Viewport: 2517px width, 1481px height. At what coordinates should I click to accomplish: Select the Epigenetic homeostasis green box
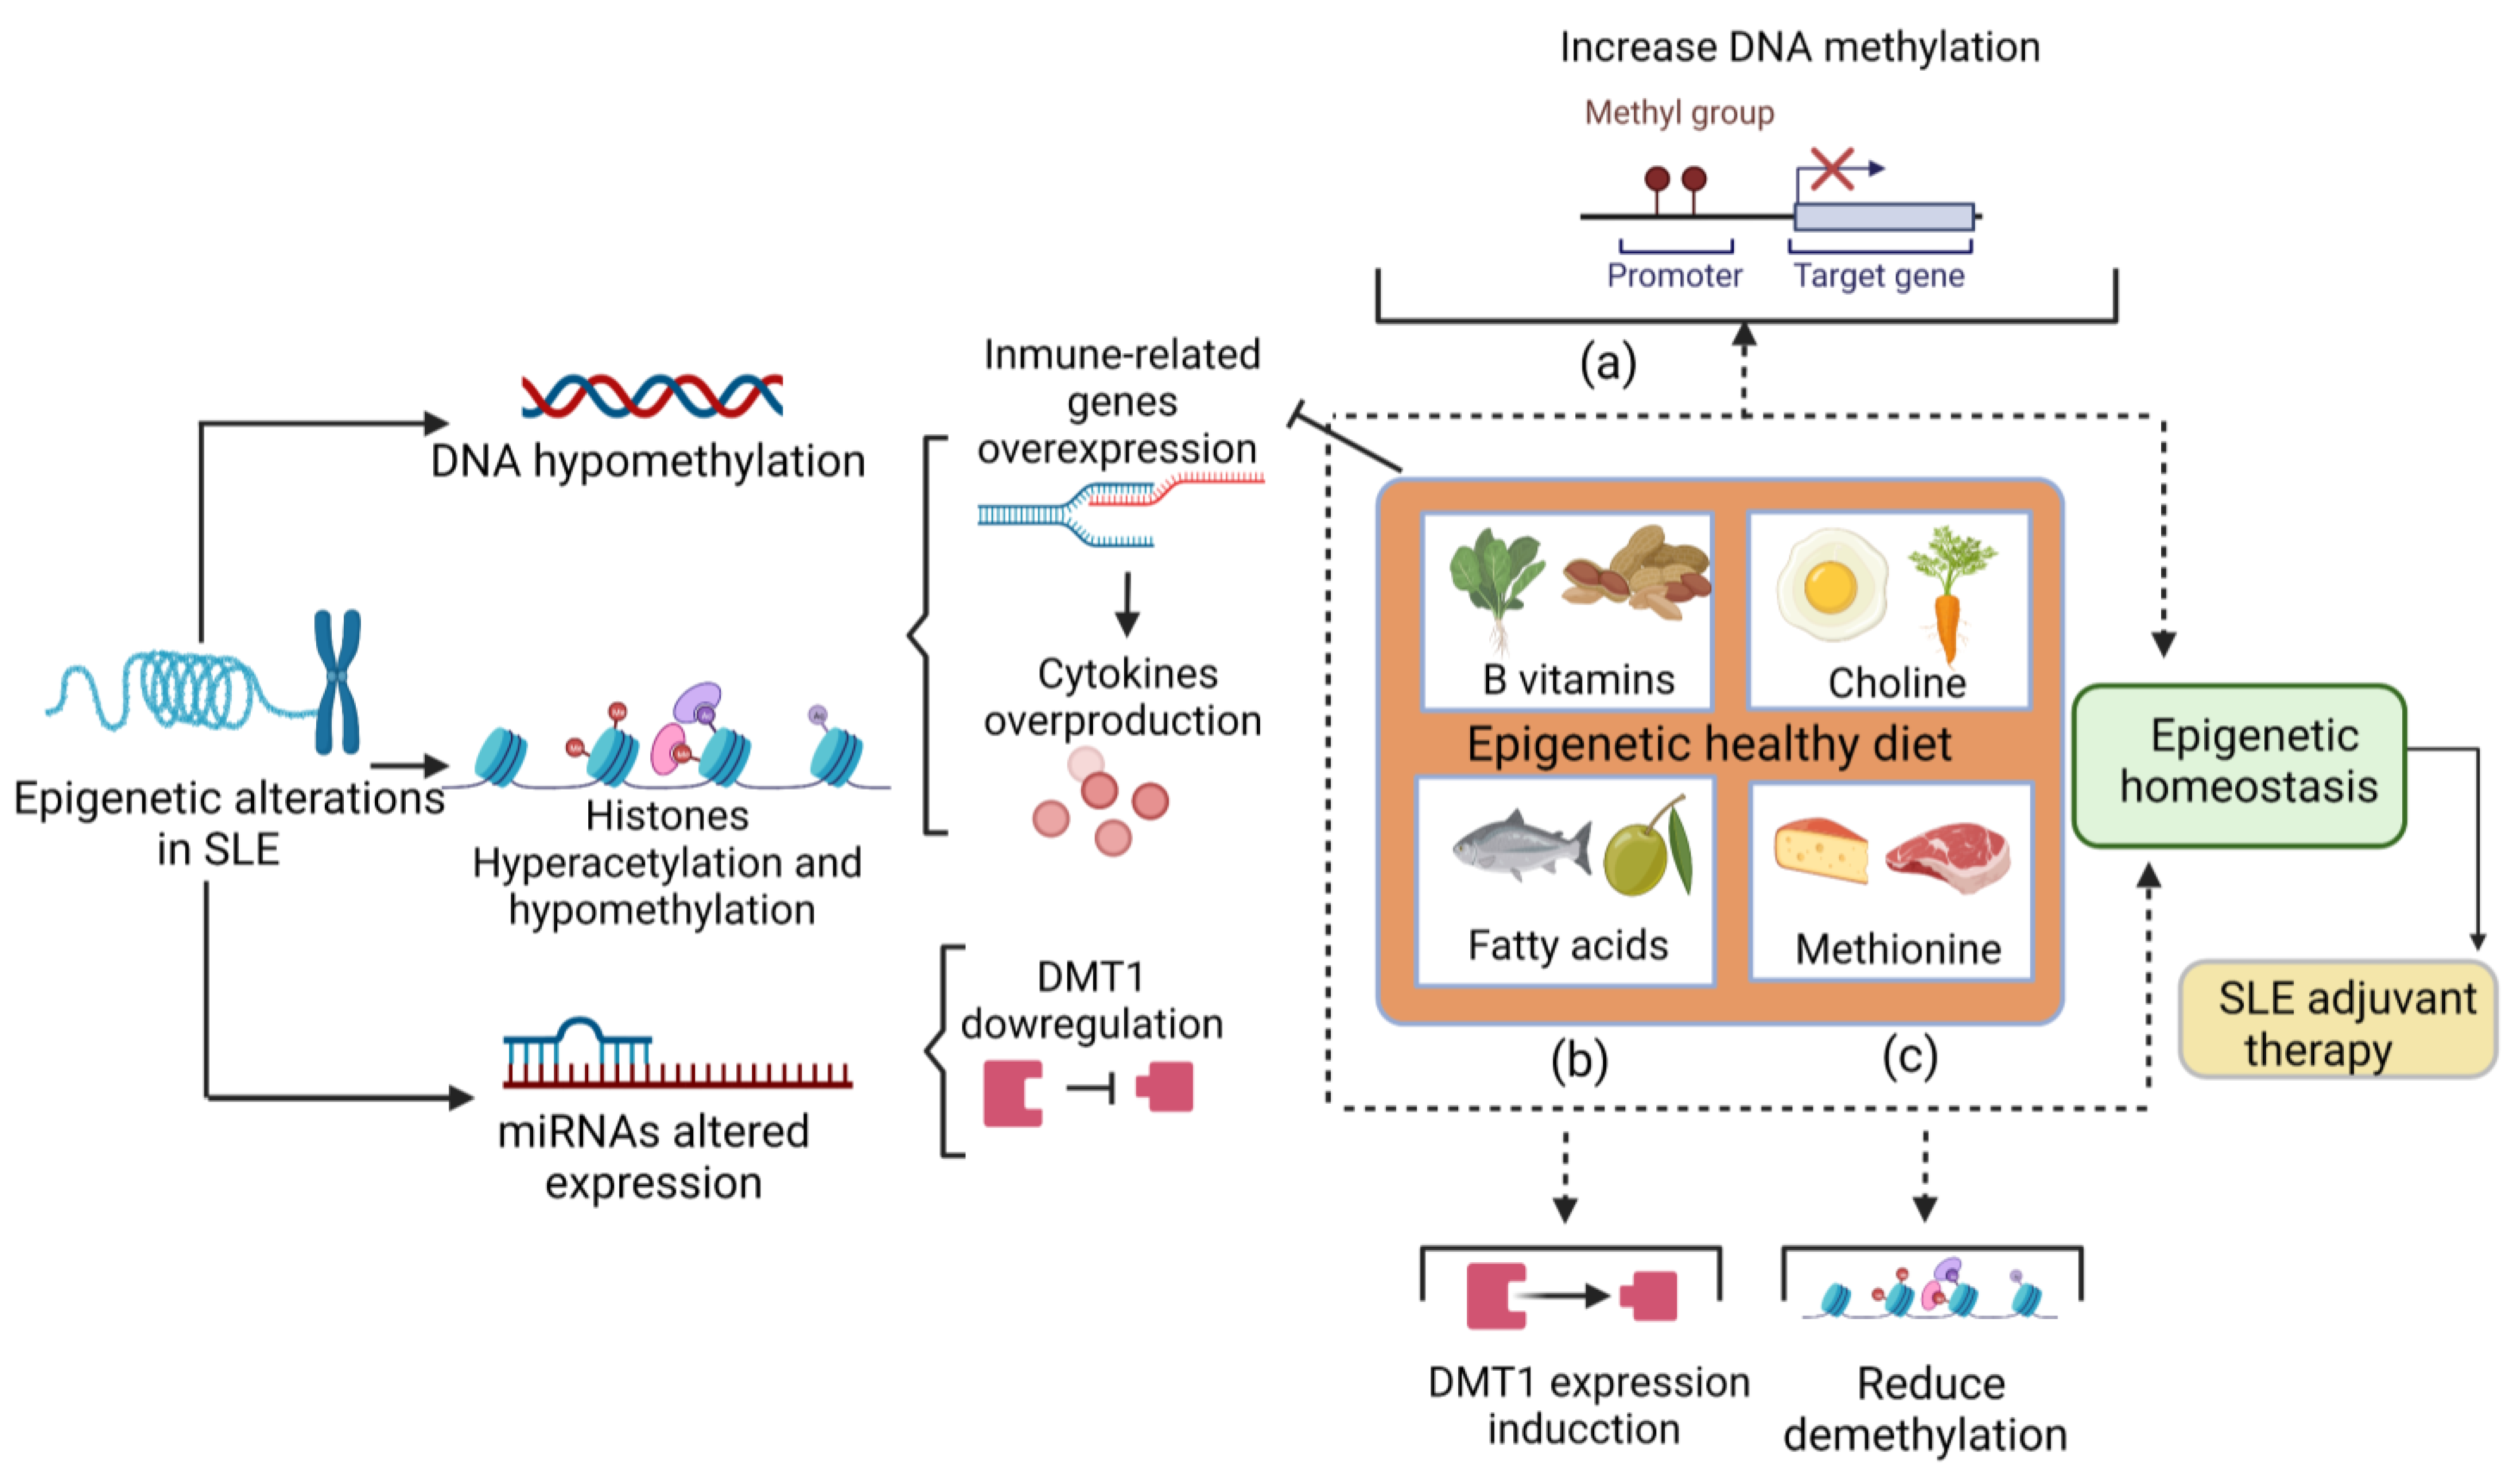coord(2239,764)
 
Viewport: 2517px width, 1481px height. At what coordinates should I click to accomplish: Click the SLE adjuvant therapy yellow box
coord(2337,1019)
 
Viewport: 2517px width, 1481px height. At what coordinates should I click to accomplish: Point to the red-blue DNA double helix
coord(651,396)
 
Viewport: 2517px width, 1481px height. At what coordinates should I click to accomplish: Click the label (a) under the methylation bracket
coord(1608,362)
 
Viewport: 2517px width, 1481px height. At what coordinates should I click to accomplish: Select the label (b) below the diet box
coord(1579,1059)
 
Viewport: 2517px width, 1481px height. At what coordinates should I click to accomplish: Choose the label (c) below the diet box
coord(1910,1056)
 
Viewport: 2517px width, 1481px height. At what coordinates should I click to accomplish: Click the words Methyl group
coord(1679,113)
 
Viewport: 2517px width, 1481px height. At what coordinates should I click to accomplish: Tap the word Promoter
coord(1674,276)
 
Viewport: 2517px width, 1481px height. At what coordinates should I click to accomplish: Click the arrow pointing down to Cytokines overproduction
coord(1127,605)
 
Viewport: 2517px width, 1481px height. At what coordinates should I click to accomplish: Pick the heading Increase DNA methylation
coord(1800,47)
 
